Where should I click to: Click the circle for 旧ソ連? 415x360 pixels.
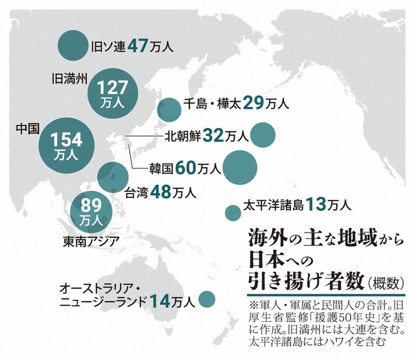[72, 45]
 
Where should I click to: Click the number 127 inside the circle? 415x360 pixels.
[113, 86]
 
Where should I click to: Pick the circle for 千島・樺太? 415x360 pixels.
[169, 109]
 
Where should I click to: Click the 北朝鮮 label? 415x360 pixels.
[181, 136]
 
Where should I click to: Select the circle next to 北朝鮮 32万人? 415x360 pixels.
[262, 135]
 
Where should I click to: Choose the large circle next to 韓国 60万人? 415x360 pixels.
[241, 167]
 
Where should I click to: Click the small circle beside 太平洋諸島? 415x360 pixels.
[231, 212]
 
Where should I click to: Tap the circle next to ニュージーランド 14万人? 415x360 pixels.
[207, 298]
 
